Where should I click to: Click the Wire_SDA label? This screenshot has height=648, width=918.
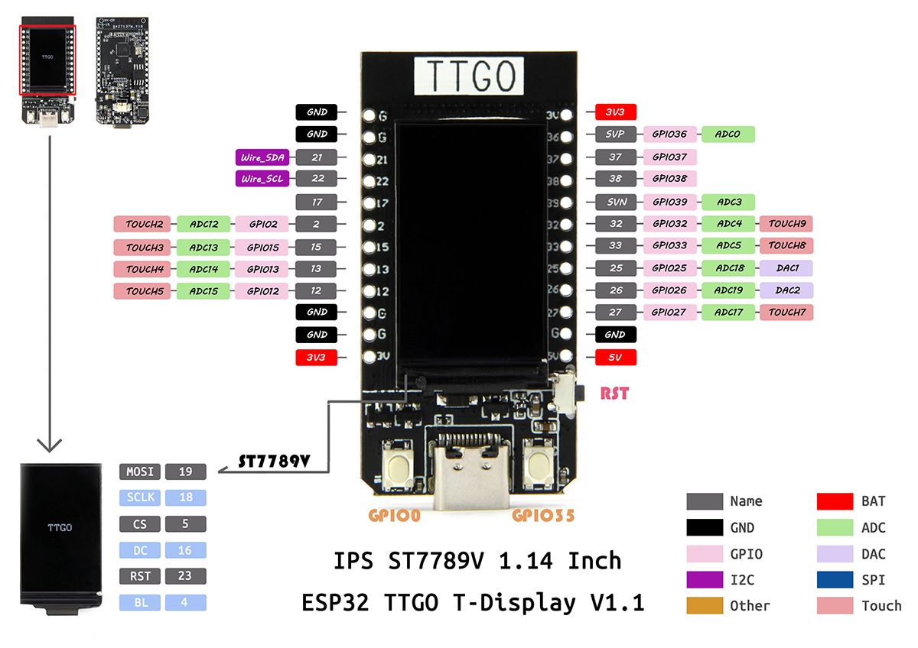(262, 158)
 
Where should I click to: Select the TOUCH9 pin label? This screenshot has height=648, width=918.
(786, 224)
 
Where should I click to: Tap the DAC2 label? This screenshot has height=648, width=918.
(786, 290)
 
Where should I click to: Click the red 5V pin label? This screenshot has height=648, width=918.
(616, 357)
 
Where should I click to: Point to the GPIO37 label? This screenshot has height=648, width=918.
(669, 157)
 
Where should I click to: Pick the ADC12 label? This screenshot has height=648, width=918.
(203, 225)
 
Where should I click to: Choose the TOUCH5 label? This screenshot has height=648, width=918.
(143, 291)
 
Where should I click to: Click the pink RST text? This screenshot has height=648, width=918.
(614, 394)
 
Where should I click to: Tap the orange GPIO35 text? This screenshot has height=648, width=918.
(543, 516)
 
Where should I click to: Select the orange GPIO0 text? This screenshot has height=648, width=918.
(394, 516)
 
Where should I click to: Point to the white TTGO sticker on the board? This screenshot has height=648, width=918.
(469, 76)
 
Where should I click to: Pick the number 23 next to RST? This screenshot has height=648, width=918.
(186, 576)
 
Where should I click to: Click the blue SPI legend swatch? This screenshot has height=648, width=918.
(835, 580)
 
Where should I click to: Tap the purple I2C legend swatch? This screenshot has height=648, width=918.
(705, 580)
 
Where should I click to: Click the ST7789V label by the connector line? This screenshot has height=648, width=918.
(273, 461)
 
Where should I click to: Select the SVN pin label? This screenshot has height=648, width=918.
(616, 202)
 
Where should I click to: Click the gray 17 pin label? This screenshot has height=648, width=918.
(317, 202)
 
